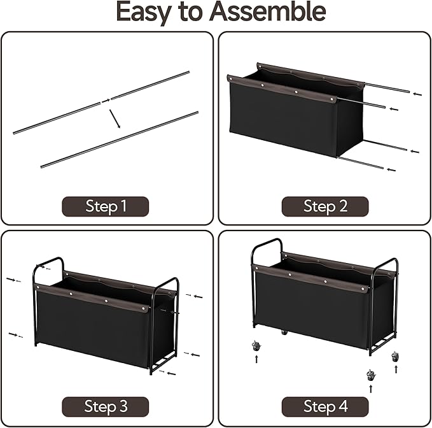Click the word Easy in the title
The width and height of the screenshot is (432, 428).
(x=144, y=12)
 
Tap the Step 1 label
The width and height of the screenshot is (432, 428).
(x=106, y=206)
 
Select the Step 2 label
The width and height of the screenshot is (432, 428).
(x=325, y=206)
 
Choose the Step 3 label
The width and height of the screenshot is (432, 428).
(x=106, y=406)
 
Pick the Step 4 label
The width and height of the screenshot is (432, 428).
(x=325, y=406)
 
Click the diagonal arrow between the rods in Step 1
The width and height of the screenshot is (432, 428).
(x=115, y=119)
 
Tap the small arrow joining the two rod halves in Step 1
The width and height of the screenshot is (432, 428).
(x=106, y=101)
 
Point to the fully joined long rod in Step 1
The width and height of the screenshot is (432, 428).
(x=120, y=139)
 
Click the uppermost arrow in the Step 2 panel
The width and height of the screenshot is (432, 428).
(x=417, y=94)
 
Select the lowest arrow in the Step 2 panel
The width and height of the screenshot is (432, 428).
(x=391, y=170)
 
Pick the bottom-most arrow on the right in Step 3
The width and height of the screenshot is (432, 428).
(x=171, y=374)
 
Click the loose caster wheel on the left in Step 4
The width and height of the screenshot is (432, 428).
(x=256, y=346)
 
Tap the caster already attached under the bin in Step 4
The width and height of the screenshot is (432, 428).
(x=284, y=332)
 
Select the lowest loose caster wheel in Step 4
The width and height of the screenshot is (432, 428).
(x=371, y=375)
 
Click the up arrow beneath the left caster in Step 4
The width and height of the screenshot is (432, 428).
(x=256, y=359)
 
